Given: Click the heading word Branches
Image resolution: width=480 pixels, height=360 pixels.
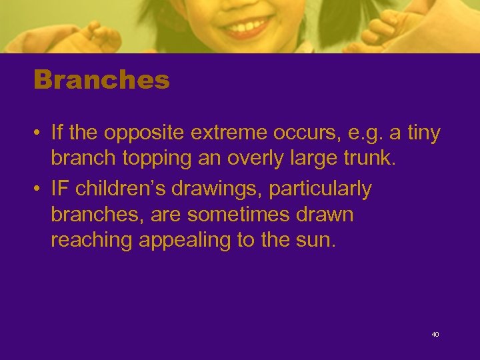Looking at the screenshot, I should [101, 81].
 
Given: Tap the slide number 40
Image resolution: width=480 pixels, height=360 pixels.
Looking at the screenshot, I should [435, 334].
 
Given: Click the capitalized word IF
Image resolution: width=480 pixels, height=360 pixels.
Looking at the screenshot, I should [60, 189].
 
